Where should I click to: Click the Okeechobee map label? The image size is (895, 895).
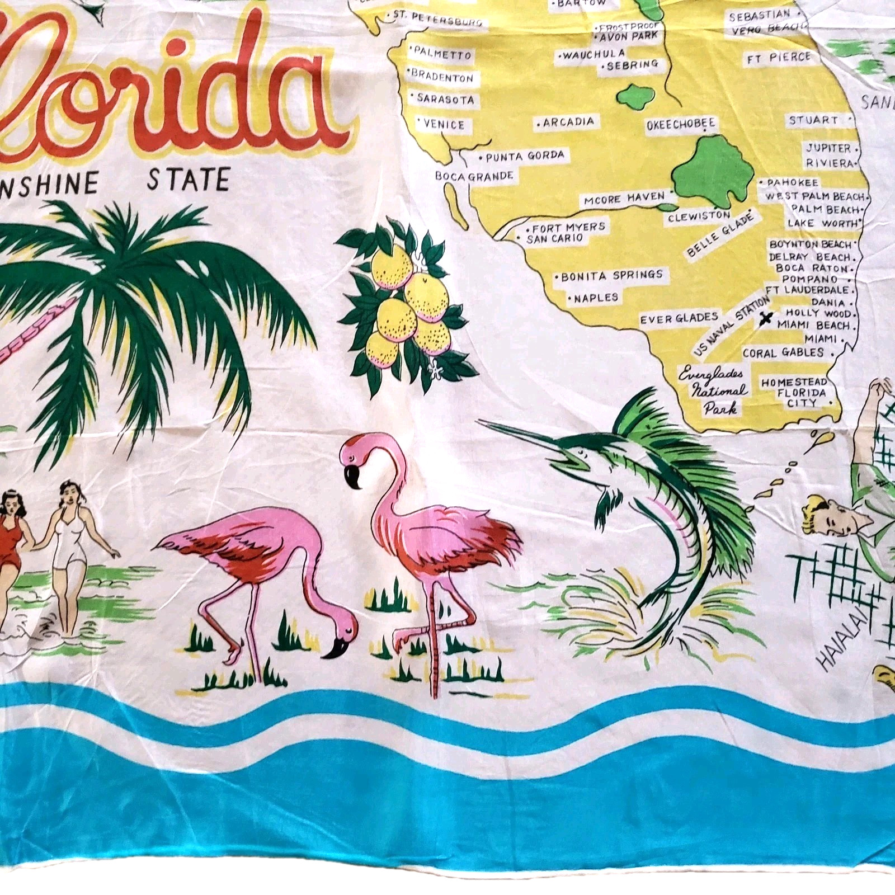[x=681, y=125]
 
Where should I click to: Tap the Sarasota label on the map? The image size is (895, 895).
[x=445, y=99]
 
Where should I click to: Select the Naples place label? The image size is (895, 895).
[x=596, y=298]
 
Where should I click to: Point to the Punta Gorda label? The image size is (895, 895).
[x=525, y=156]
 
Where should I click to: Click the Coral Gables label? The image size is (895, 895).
[x=783, y=353]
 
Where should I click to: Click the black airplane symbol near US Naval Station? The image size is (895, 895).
[x=766, y=320]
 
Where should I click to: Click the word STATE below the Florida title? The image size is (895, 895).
[x=188, y=180]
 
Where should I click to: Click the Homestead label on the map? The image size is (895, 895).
[x=794, y=383]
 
